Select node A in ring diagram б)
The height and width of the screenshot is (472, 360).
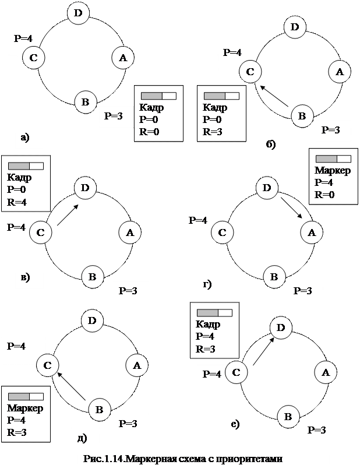339,72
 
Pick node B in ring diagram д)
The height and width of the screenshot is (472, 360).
99,410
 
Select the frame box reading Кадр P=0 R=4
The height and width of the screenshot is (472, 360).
26,182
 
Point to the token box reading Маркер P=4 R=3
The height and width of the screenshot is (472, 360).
26,413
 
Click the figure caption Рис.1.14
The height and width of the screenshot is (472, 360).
183,459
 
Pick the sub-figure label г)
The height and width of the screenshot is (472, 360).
206,285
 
